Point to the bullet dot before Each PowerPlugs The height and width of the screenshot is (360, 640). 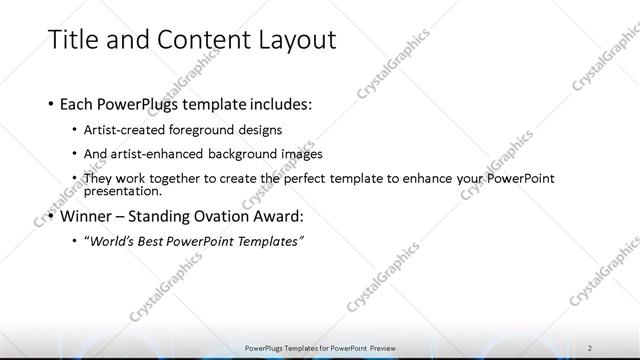(x=51, y=104)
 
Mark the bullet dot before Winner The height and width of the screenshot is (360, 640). (x=51, y=216)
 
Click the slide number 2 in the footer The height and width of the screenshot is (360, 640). (x=590, y=347)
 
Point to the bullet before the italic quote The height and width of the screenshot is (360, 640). (x=77, y=241)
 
